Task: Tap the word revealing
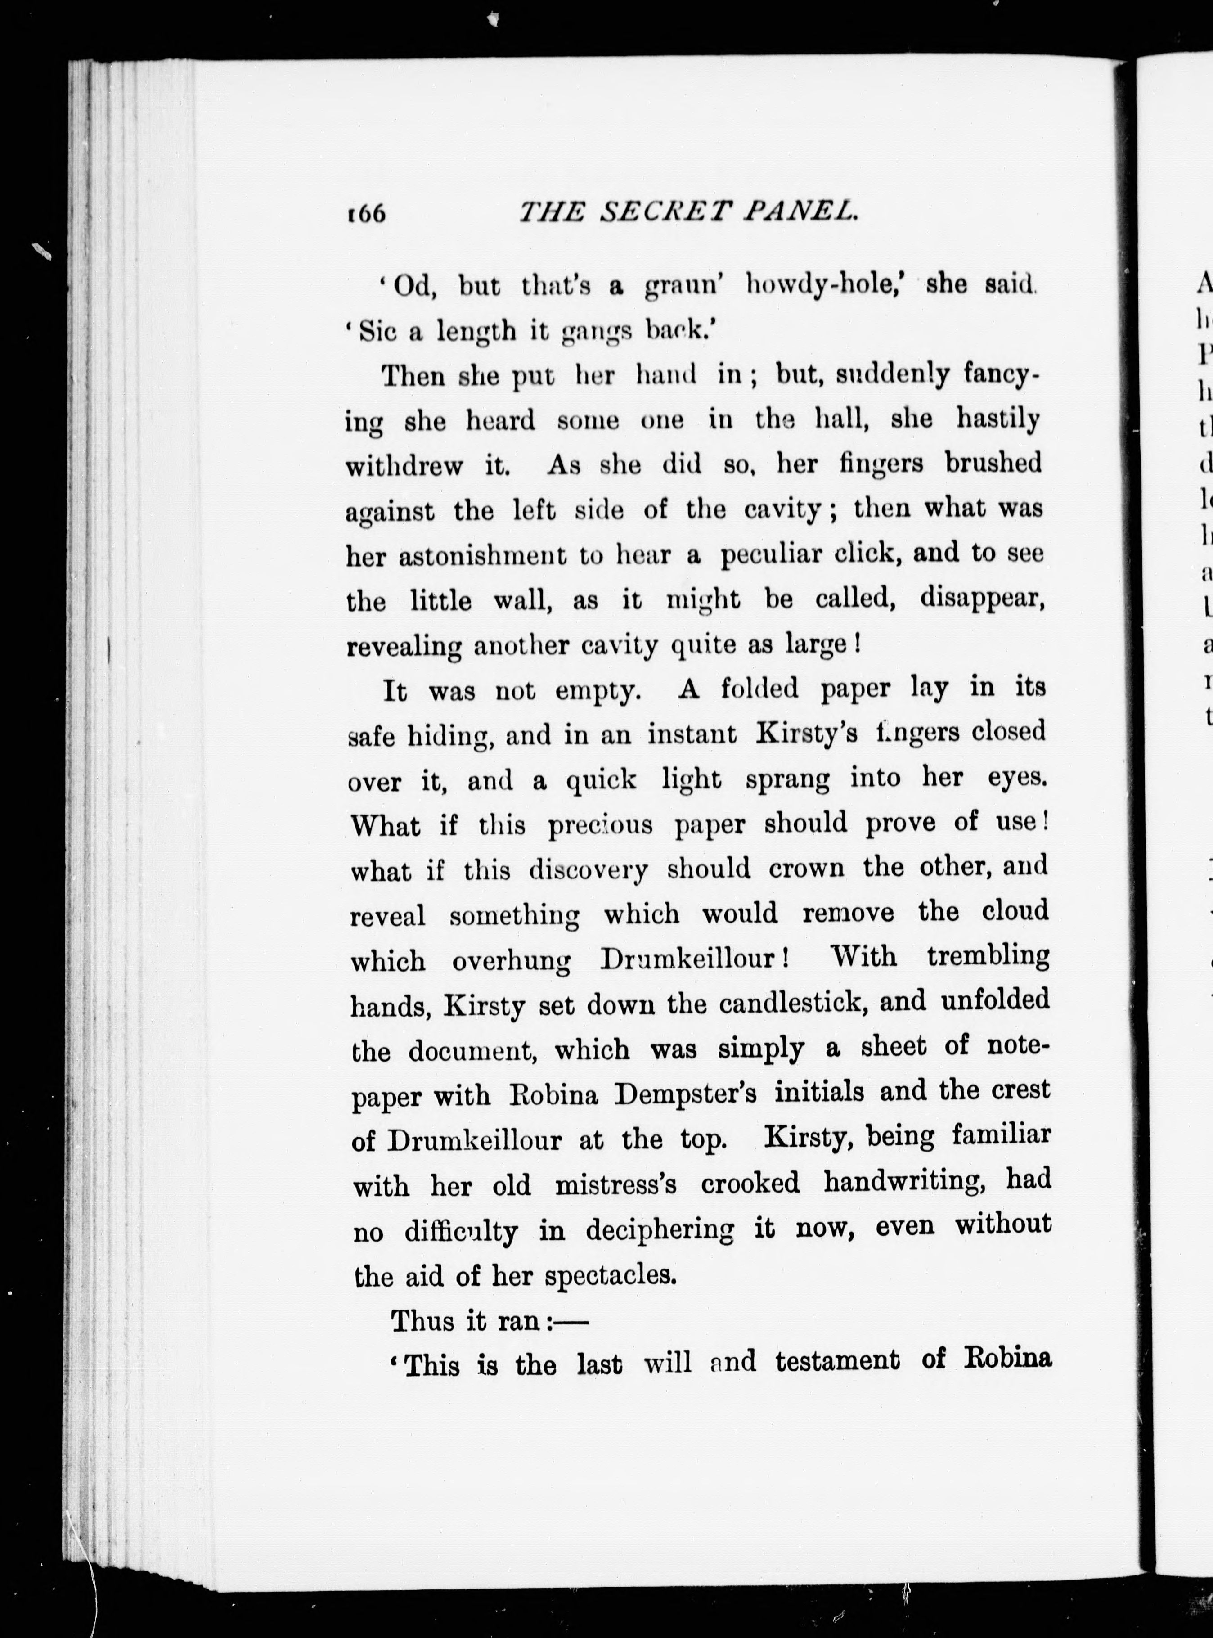click(404, 647)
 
